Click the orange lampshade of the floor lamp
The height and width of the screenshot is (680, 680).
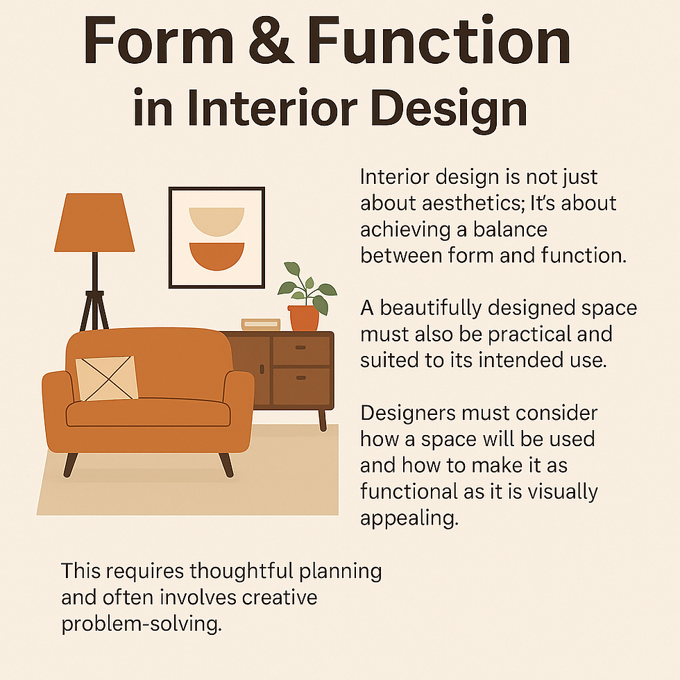[94, 222]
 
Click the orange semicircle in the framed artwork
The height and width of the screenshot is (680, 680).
[216, 255]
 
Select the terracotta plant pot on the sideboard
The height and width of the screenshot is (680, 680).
[304, 318]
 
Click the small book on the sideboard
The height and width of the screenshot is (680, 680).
[260, 324]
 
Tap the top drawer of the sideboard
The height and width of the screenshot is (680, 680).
[300, 350]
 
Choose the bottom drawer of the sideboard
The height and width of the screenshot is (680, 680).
[300, 385]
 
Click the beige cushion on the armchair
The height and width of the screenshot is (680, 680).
[106, 378]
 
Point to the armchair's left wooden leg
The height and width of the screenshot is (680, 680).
[69, 464]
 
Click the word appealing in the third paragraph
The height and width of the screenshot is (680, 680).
[409, 518]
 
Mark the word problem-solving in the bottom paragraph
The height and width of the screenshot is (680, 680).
[142, 623]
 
